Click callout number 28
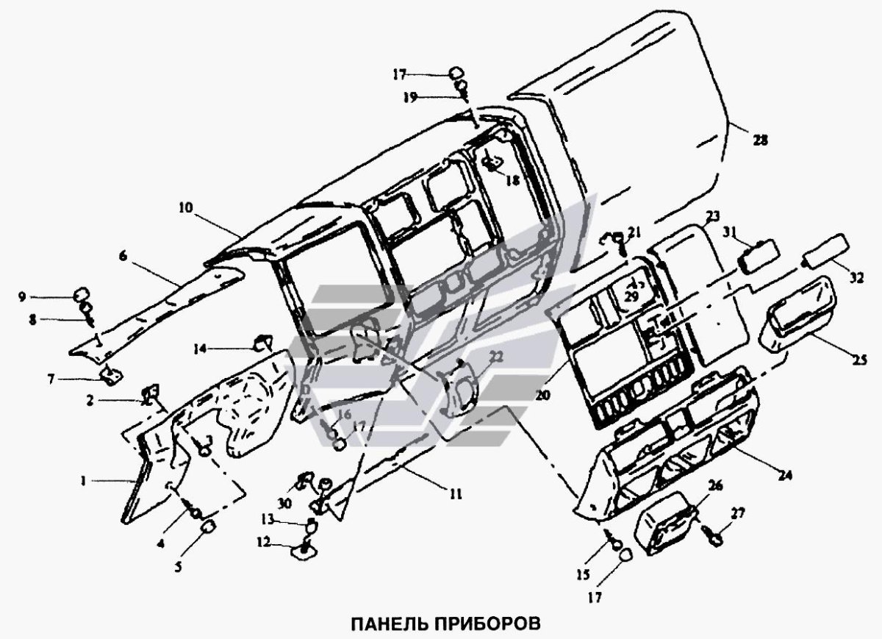760,140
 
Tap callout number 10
184,208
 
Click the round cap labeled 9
81,296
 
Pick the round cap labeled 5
208,526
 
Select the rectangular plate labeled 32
828,248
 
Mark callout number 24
786,475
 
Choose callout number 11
456,495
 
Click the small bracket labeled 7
111,375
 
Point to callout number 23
711,216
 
